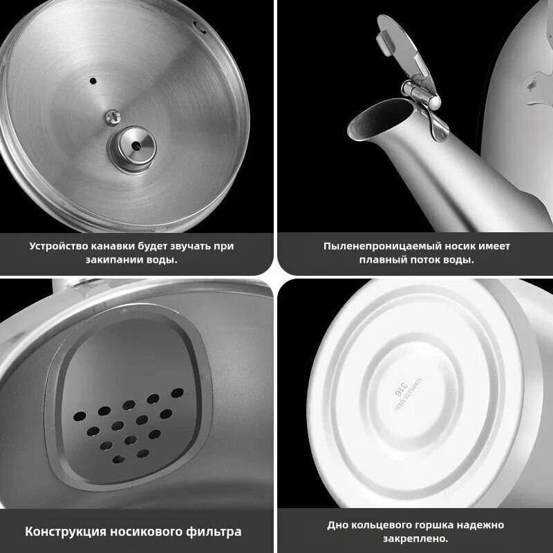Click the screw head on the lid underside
click(113, 118)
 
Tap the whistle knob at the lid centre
click(135, 146)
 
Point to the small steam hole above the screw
click(93, 81)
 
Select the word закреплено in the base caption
click(415, 539)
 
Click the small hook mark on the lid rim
click(200, 28)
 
